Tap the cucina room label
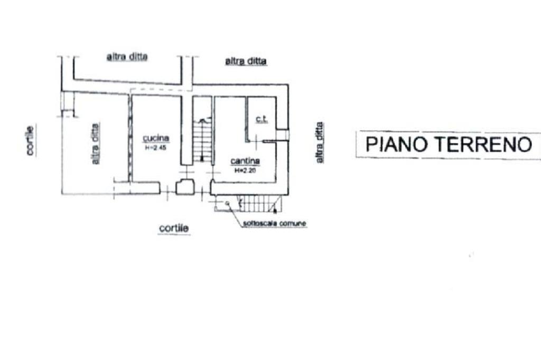coord(156,138)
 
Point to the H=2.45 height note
coord(156,148)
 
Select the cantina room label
coord(245,160)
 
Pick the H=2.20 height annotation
coord(245,170)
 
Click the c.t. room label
coord(262,120)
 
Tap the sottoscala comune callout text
coord(275,224)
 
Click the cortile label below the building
coord(174,228)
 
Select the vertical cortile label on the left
coord(30,140)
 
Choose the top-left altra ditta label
coord(127,57)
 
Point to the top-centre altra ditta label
coord(246,62)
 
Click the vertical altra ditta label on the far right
coord(319,143)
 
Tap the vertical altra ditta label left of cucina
coord(96,144)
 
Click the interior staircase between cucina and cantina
coord(202,139)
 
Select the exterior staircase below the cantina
coord(259,203)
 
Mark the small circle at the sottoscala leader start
coord(227,203)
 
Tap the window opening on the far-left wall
coord(68,102)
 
